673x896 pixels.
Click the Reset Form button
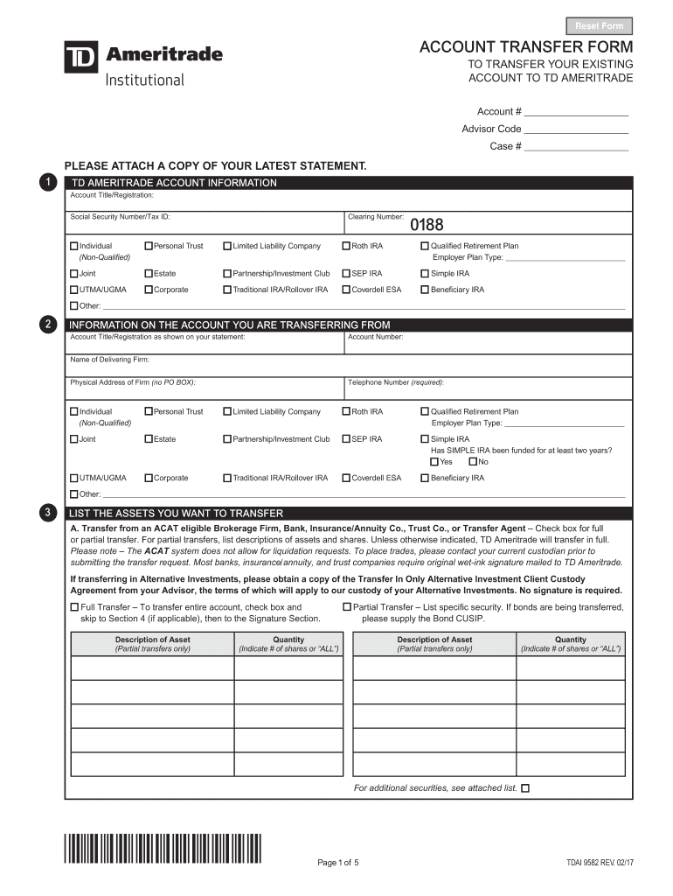click(x=600, y=26)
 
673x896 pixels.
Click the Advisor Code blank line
click(x=577, y=129)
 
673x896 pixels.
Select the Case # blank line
click(x=577, y=147)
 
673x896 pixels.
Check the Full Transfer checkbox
click(x=74, y=606)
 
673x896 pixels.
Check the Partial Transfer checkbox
click(x=347, y=606)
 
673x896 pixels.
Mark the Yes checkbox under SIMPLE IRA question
click(x=434, y=462)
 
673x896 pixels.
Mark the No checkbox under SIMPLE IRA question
click(x=473, y=462)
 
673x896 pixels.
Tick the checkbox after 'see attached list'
click(x=525, y=788)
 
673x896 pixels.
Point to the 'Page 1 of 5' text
click(x=337, y=863)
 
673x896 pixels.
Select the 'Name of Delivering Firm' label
click(x=109, y=360)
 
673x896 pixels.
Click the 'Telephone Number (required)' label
click(x=396, y=382)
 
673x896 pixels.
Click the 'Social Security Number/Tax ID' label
click(x=120, y=216)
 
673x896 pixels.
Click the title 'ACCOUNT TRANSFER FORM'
click(x=526, y=46)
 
